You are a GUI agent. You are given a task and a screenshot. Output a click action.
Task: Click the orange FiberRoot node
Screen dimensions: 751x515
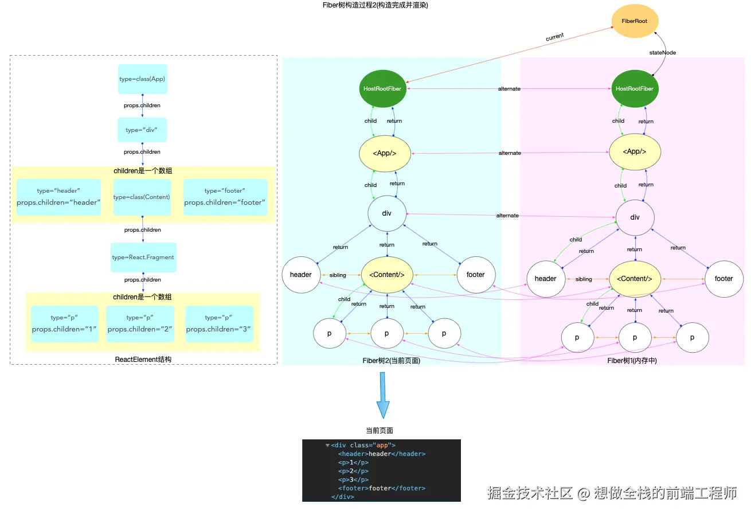click(635, 21)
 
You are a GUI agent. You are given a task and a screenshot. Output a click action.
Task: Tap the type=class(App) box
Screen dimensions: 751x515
click(143, 79)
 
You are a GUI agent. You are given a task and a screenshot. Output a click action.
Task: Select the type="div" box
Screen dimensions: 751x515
click(142, 130)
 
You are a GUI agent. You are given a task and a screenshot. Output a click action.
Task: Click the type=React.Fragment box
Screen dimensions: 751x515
click(143, 257)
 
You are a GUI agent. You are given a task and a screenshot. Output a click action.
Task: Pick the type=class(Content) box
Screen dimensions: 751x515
click(142, 197)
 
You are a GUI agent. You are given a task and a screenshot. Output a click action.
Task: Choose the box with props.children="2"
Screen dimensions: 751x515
click(140, 323)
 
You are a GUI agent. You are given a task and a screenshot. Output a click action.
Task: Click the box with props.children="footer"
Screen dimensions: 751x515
click(225, 197)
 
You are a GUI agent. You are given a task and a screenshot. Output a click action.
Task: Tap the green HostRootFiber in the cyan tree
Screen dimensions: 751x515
click(382, 88)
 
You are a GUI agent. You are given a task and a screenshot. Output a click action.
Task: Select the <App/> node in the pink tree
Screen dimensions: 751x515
click(635, 151)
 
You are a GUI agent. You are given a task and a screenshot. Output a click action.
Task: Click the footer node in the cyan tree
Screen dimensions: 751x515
click(476, 275)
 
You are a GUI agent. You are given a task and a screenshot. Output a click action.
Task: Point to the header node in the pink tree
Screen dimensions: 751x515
click(546, 279)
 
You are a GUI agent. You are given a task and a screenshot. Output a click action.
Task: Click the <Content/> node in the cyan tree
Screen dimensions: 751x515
click(387, 275)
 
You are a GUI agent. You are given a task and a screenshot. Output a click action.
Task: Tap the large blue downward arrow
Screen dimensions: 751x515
click(383, 395)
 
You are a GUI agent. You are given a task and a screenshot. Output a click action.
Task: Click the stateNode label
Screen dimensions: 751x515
click(663, 53)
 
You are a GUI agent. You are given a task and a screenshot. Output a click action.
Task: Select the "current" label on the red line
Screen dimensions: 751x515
click(555, 37)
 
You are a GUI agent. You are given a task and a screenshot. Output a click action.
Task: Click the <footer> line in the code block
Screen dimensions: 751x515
click(382, 488)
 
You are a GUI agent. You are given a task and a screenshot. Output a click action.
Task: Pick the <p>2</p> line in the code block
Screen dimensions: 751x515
click(353, 471)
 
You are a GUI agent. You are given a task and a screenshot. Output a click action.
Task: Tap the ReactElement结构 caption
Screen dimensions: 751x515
click(143, 360)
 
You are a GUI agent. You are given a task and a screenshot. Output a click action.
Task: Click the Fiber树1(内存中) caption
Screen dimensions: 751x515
click(632, 360)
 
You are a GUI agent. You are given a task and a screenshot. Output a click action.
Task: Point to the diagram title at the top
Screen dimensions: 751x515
click(375, 5)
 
